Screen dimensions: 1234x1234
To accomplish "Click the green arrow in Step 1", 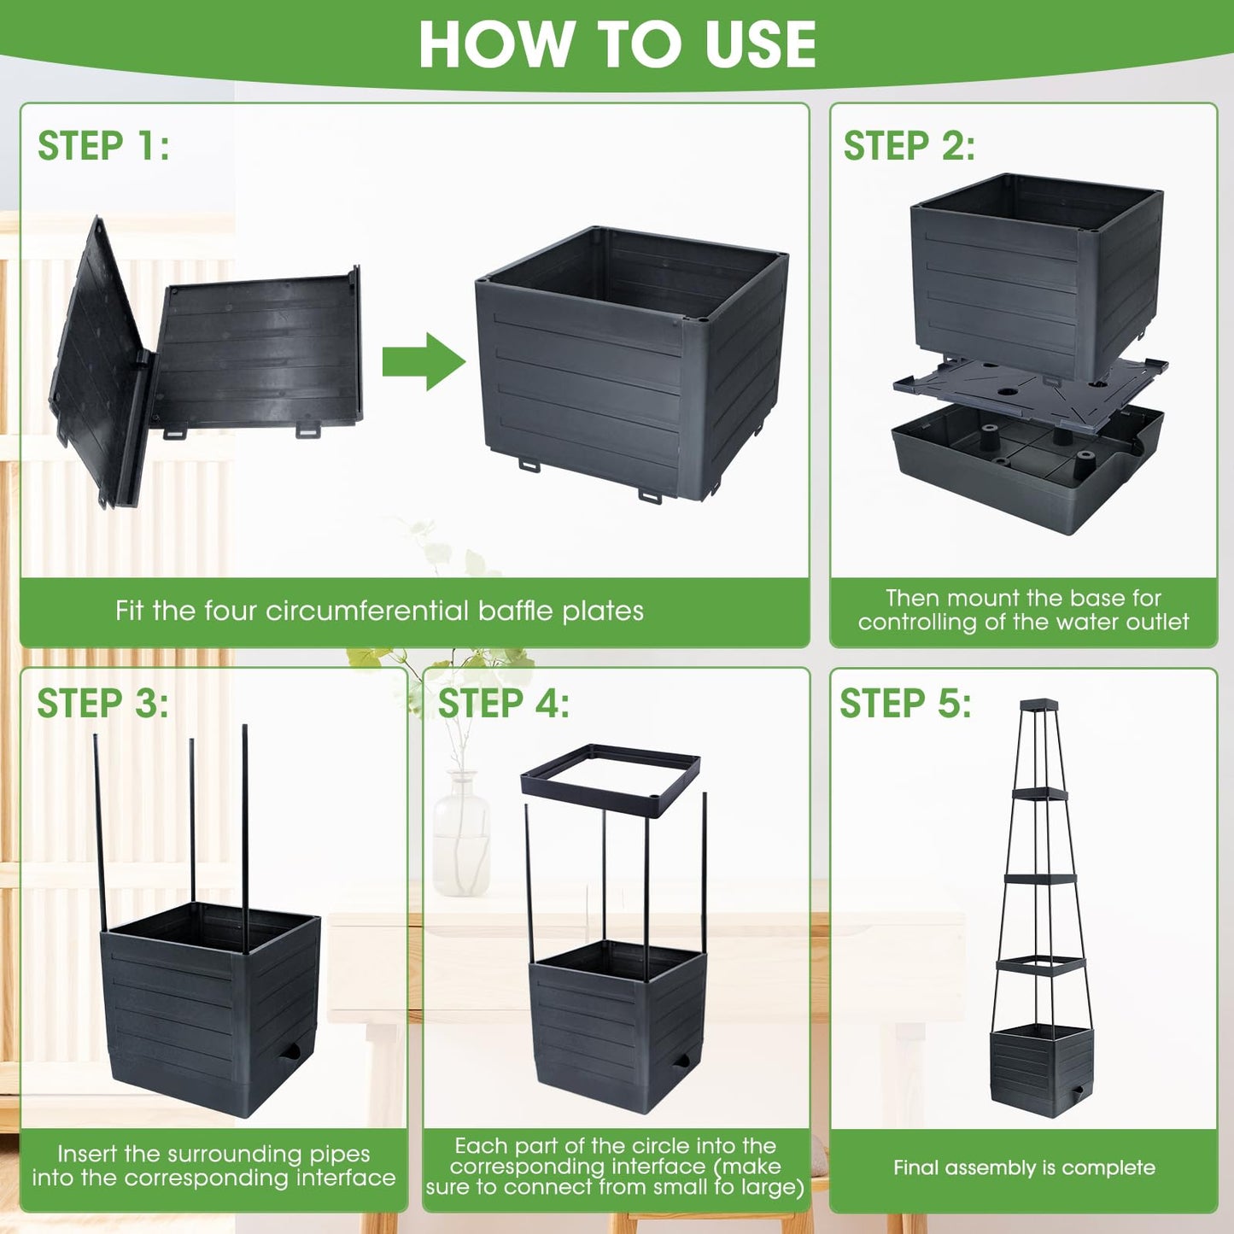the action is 424,362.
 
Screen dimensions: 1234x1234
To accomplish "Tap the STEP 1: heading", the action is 103,145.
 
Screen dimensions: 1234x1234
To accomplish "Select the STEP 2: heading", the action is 909,145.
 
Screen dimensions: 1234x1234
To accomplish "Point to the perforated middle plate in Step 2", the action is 1031,389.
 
